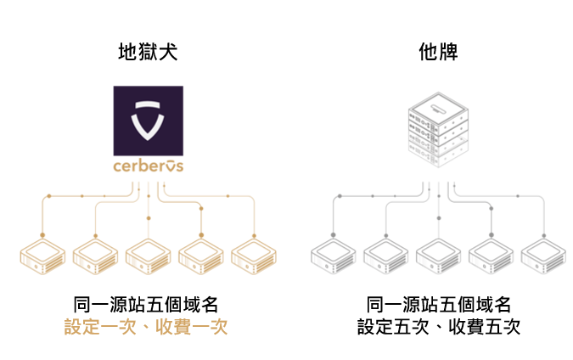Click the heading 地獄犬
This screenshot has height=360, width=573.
(x=148, y=52)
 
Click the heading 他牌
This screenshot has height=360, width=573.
(x=438, y=52)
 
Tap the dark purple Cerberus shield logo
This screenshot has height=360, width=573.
(x=149, y=121)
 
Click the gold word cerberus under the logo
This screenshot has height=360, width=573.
(x=149, y=166)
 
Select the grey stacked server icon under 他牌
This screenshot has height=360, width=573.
(x=438, y=130)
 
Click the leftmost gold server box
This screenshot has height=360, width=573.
(x=42, y=256)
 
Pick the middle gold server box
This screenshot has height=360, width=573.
(x=149, y=256)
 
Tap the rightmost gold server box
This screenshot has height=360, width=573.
(x=254, y=256)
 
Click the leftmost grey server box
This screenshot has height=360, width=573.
(x=334, y=256)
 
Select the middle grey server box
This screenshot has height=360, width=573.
(x=439, y=256)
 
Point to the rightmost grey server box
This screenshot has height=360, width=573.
(x=544, y=256)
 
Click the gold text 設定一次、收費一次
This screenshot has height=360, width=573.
(x=146, y=327)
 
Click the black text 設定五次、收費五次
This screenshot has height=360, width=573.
(x=439, y=327)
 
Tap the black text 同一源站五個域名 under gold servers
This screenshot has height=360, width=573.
(x=146, y=305)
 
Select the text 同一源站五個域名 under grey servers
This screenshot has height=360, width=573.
(x=439, y=305)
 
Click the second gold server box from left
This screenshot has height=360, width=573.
(x=95, y=256)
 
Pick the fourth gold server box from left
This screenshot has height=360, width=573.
(x=201, y=256)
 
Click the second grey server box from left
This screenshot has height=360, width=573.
(x=386, y=256)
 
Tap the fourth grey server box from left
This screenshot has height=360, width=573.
(x=492, y=256)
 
